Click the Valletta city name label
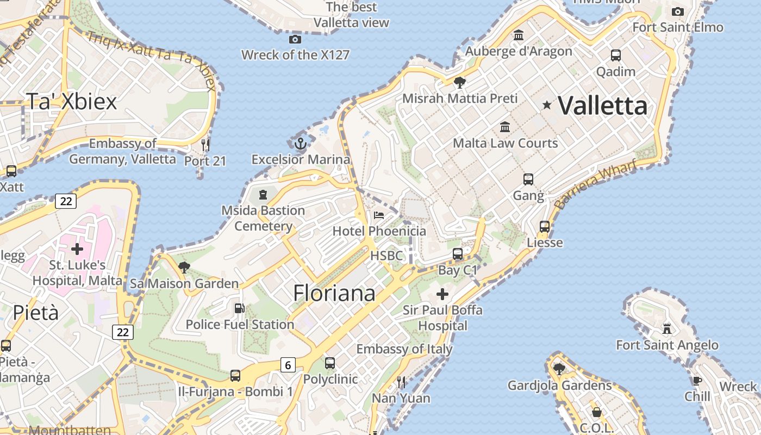coord(603,105)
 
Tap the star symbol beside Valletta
coord(547,105)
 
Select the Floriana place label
coord(334,293)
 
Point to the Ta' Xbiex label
coord(71,101)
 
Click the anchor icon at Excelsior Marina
coord(301,144)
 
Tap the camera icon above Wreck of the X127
coord(295,39)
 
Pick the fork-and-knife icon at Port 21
coord(205,145)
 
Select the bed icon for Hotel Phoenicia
coord(379,215)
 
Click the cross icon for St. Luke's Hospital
coord(77,249)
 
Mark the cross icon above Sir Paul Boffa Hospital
coord(442,294)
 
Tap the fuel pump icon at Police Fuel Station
coord(239,308)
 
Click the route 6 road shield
coord(288,365)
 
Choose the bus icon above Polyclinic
coord(330,363)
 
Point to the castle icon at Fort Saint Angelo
coord(667,328)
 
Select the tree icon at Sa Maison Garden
coord(184,267)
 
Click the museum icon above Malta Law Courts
coord(506,127)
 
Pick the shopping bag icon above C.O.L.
coord(596,412)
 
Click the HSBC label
coord(386,256)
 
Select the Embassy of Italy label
coord(404,349)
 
